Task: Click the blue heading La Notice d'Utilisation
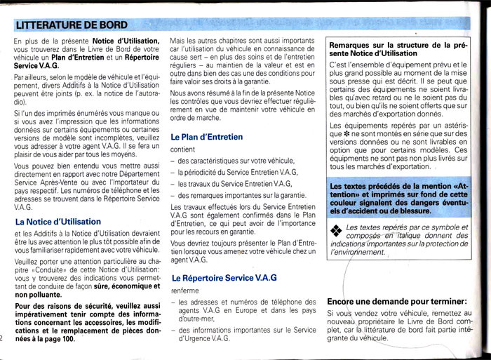[x=58, y=222]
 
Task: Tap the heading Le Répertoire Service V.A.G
[x=224, y=278]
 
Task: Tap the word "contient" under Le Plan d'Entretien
[x=183, y=149]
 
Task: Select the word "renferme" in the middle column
[x=185, y=290]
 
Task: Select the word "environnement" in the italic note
[x=358, y=252]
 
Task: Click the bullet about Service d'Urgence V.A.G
[x=238, y=334]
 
